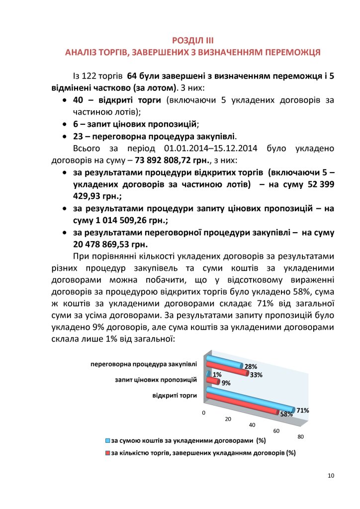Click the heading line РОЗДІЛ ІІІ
(x=192, y=40)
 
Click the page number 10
(x=331, y=476)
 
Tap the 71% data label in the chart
(x=303, y=411)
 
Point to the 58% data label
(x=286, y=414)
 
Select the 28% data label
(x=251, y=367)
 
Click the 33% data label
(x=256, y=375)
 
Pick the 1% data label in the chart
(x=217, y=375)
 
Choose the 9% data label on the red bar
(x=226, y=383)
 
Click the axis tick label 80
(x=300, y=436)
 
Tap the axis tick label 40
(x=252, y=425)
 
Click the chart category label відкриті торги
(x=175, y=396)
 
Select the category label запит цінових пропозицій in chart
(x=156, y=380)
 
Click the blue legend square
(x=107, y=441)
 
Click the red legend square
(x=107, y=453)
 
